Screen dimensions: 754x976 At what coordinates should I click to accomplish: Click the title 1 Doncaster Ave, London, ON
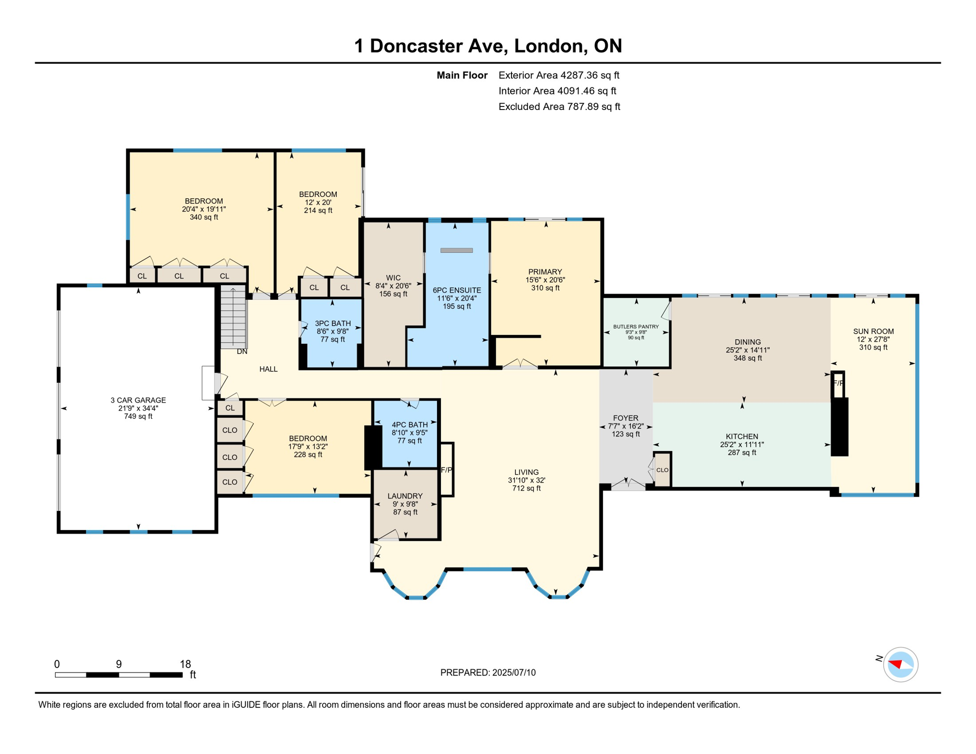tap(488, 46)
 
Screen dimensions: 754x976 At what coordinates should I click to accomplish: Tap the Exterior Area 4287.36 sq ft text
tap(559, 75)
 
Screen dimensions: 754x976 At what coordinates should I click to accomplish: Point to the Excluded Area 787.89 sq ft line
tap(559, 107)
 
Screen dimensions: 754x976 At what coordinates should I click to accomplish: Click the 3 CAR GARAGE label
tap(138, 400)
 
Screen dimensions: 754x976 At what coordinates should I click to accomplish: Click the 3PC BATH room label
tap(332, 323)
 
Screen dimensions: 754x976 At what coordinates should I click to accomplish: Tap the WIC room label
tap(393, 278)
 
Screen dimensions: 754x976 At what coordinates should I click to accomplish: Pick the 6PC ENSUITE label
tap(457, 290)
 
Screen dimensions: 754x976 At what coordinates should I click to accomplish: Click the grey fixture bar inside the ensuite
tap(456, 250)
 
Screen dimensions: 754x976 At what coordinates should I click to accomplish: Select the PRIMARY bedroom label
tap(545, 272)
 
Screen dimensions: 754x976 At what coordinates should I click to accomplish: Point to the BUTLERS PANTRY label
tap(636, 326)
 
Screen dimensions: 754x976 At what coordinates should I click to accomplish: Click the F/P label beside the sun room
tap(838, 383)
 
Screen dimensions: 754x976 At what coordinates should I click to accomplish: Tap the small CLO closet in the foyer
tap(662, 470)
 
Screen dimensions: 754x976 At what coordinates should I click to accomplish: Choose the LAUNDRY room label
tap(405, 496)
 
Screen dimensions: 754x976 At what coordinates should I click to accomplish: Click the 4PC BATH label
tap(409, 425)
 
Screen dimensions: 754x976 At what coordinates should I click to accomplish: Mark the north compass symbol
tap(900, 665)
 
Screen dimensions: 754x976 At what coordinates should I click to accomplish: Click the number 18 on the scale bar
tap(185, 664)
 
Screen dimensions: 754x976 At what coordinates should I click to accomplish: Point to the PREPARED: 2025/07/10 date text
tap(488, 673)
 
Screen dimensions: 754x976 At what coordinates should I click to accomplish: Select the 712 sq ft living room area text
tap(526, 488)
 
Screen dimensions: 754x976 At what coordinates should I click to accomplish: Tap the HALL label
tap(268, 369)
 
